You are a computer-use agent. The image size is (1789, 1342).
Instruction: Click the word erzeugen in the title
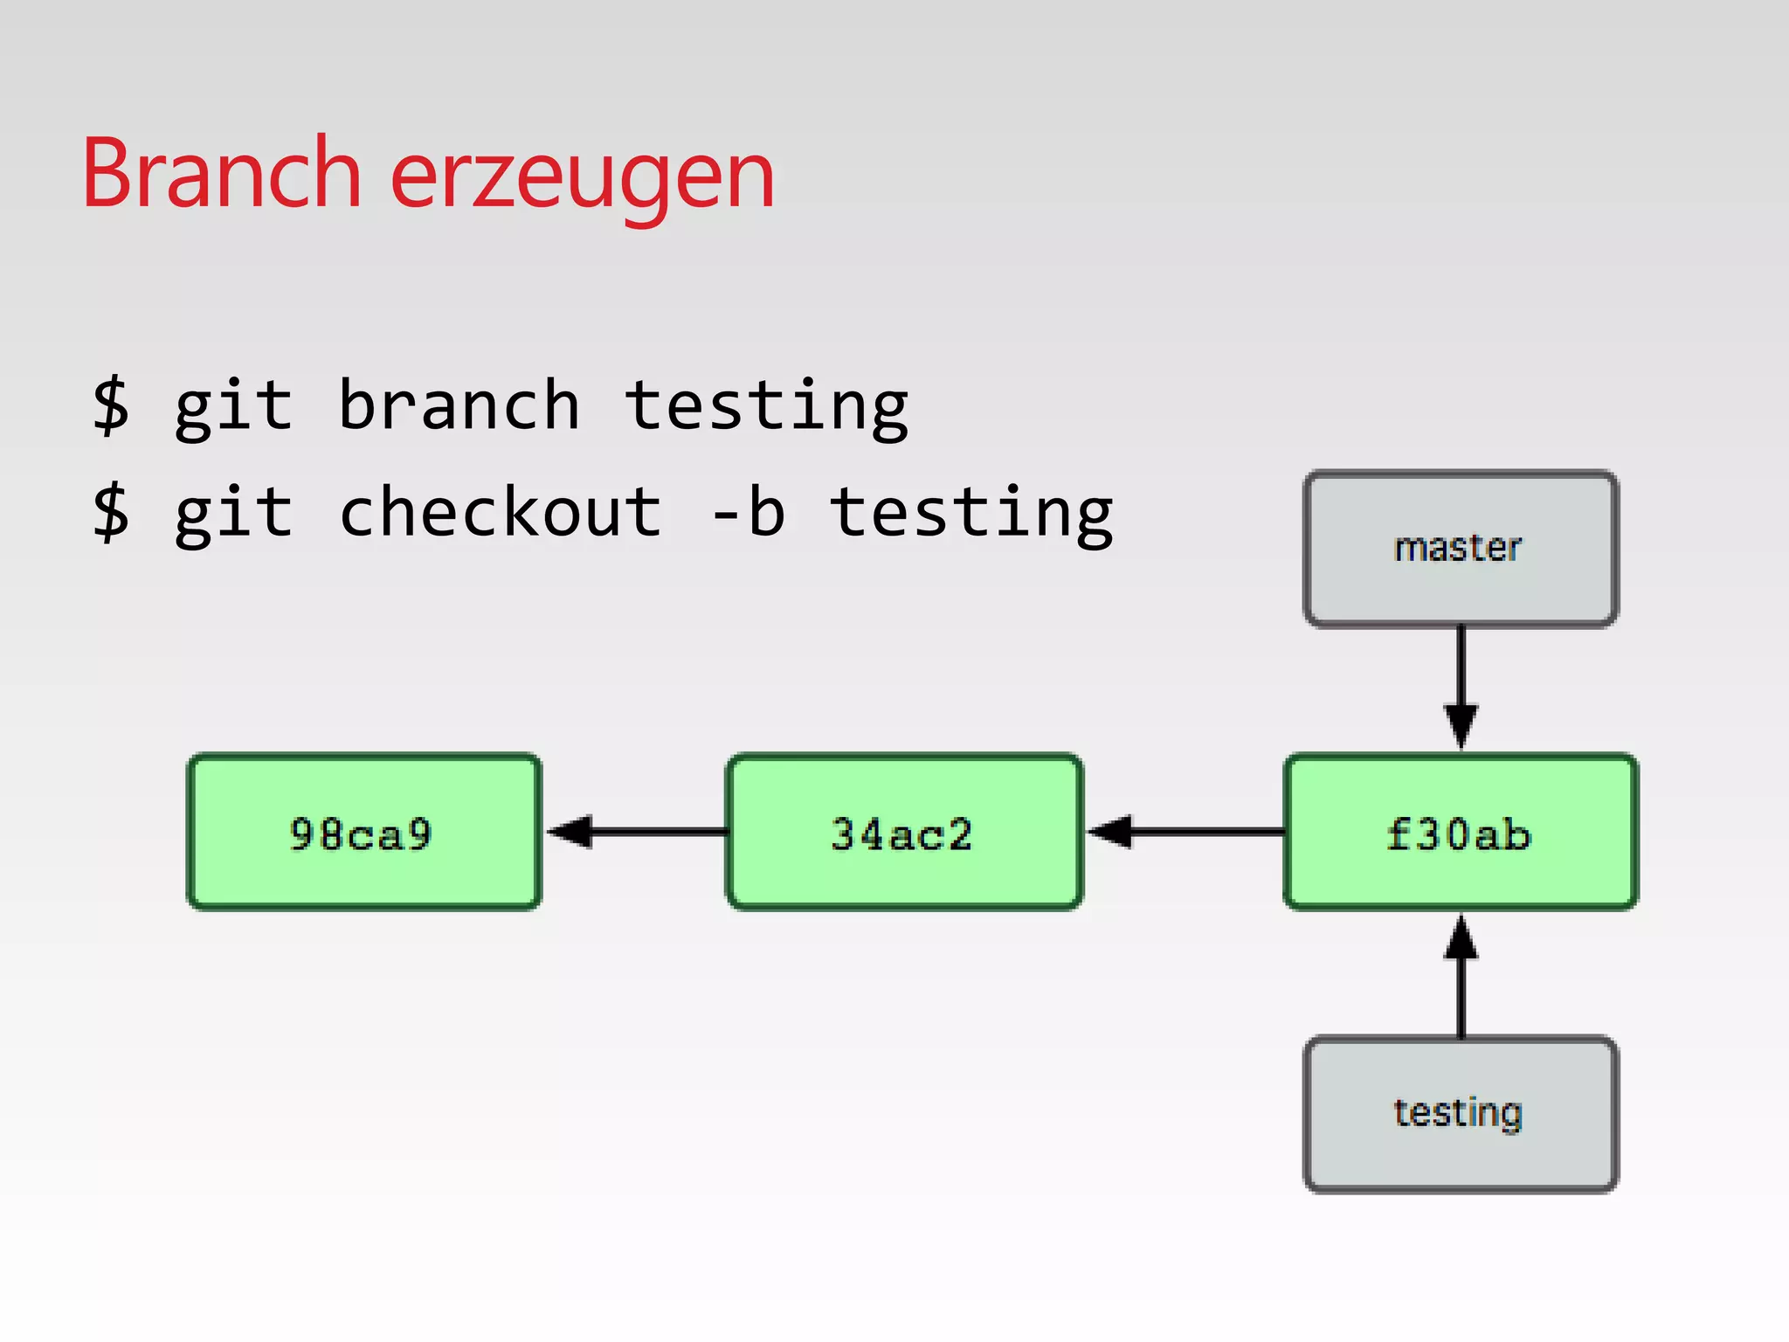[x=582, y=179]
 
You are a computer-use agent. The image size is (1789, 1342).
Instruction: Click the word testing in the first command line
[x=766, y=407]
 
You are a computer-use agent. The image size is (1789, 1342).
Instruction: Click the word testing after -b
[x=970, y=514]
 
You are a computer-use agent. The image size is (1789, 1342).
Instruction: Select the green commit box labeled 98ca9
[x=363, y=832]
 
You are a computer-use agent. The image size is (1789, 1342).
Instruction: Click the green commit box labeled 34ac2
[x=903, y=832]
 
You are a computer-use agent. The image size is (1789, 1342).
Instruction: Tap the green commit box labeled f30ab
[x=1460, y=832]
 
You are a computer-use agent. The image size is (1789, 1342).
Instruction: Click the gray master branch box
[x=1460, y=549]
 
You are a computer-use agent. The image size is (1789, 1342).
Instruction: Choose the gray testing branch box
[x=1460, y=1113]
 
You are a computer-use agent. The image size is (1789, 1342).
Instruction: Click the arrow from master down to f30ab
[x=1461, y=686]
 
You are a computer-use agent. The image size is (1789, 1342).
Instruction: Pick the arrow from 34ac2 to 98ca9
[x=638, y=832]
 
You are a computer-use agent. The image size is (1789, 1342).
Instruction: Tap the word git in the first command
[x=233, y=407]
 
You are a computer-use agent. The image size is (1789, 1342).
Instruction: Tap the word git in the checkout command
[x=233, y=514]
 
